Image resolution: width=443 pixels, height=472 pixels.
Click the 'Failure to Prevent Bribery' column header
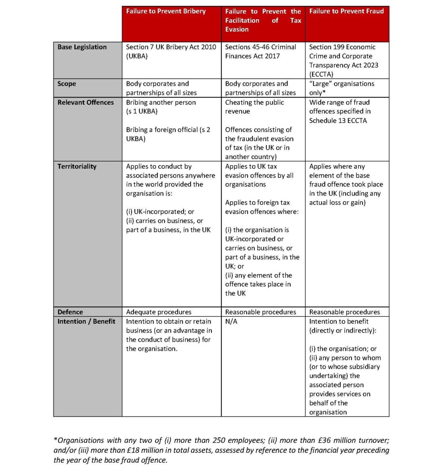(166, 11)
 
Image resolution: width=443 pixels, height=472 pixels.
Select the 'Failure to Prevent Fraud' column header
(346, 11)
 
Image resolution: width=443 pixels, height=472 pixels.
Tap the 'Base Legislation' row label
(82, 47)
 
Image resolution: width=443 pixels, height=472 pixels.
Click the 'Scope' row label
(66, 84)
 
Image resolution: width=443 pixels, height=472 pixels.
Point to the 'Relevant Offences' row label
(85, 102)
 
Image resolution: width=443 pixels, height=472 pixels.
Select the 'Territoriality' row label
(77, 166)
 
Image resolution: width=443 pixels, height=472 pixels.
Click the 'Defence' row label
(70, 312)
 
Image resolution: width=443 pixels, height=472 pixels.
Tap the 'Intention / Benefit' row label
(86, 321)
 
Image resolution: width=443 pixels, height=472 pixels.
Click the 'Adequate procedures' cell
(159, 312)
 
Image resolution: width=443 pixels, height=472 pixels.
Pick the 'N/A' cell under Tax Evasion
(231, 321)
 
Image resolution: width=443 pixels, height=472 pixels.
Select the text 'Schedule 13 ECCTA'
(338, 120)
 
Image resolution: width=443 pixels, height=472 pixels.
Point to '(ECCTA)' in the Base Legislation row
(321, 75)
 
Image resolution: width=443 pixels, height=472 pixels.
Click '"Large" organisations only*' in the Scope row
(342, 88)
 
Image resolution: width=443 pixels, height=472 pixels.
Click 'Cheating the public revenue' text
(254, 107)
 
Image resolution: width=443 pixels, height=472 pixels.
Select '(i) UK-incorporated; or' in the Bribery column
(160, 211)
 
